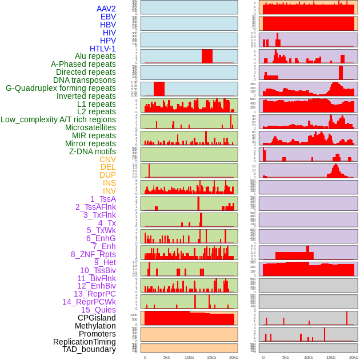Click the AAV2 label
point(106,9)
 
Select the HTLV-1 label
point(103,49)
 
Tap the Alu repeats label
point(95,57)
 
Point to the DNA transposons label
point(85,80)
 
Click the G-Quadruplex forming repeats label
point(61,88)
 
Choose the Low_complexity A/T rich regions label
point(58,119)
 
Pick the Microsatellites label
point(90,127)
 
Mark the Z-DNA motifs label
point(93,151)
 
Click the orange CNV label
point(107,159)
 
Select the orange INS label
point(109,183)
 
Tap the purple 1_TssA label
point(103,199)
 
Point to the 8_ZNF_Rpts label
point(93,254)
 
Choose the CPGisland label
point(97,318)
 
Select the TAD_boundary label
point(89,349)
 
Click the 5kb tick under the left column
point(167,357)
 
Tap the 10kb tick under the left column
point(189,357)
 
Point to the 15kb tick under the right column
point(330,357)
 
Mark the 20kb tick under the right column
point(353,357)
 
